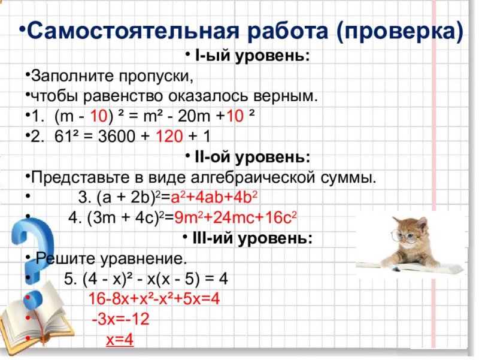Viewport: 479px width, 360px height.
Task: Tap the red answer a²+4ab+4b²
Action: pos(213,198)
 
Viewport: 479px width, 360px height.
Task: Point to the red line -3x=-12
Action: pos(120,319)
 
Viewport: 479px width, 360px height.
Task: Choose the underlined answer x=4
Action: pos(119,340)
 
